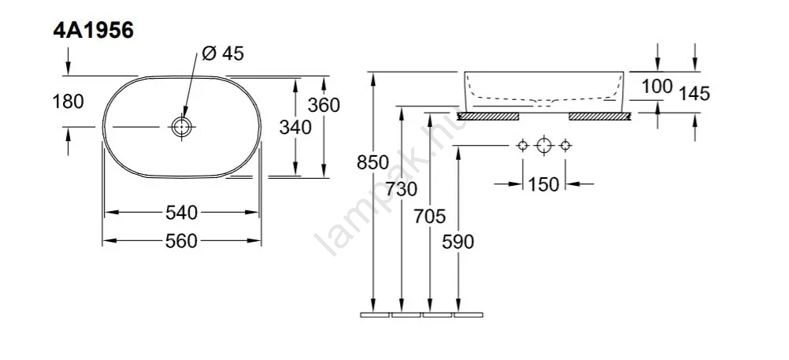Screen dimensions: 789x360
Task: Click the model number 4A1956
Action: (94, 31)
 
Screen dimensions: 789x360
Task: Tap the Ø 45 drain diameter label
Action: (222, 53)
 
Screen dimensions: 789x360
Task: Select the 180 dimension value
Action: (68, 102)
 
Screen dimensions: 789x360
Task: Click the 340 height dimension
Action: (295, 128)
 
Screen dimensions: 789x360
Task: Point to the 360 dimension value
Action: (324, 106)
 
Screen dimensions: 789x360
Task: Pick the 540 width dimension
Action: (181, 213)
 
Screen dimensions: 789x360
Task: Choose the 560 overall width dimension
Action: (181, 241)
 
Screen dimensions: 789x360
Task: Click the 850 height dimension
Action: (373, 162)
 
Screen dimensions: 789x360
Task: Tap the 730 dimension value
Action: (402, 189)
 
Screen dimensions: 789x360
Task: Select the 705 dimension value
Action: (430, 217)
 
